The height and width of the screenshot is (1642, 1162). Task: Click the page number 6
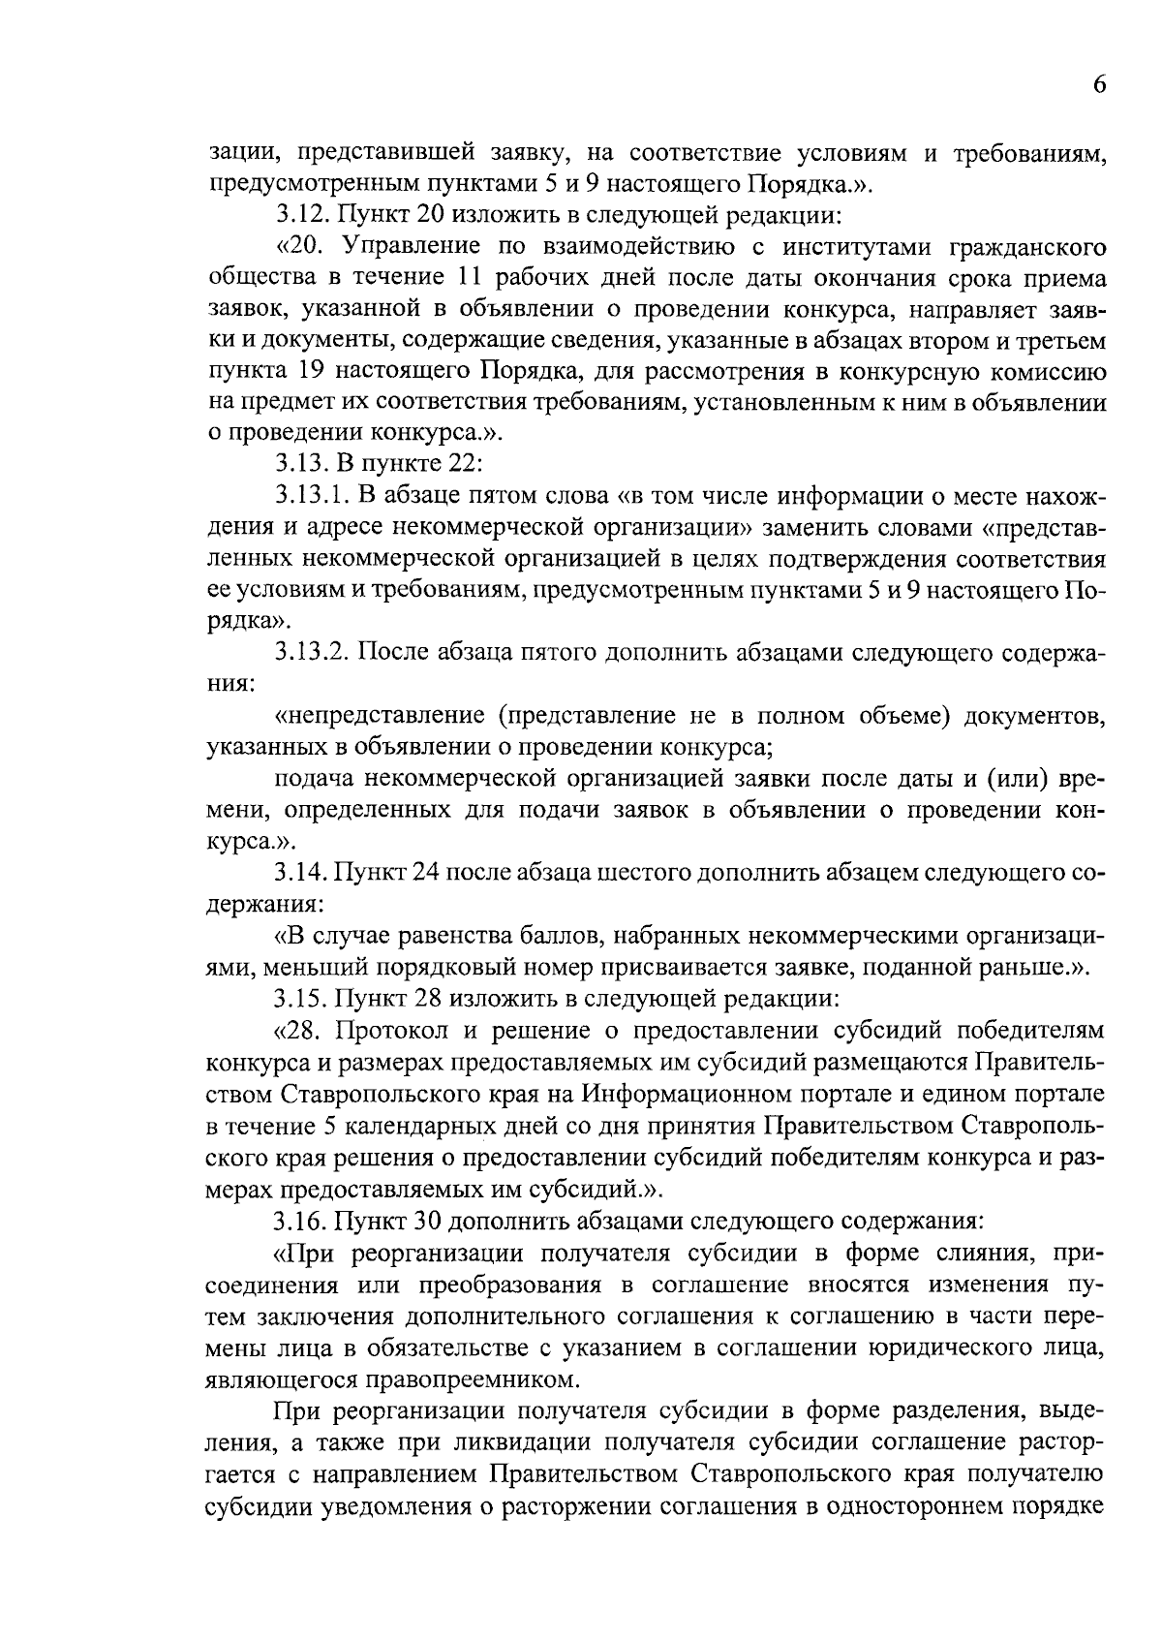click(x=1099, y=84)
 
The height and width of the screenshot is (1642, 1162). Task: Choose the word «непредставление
click(x=381, y=716)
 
